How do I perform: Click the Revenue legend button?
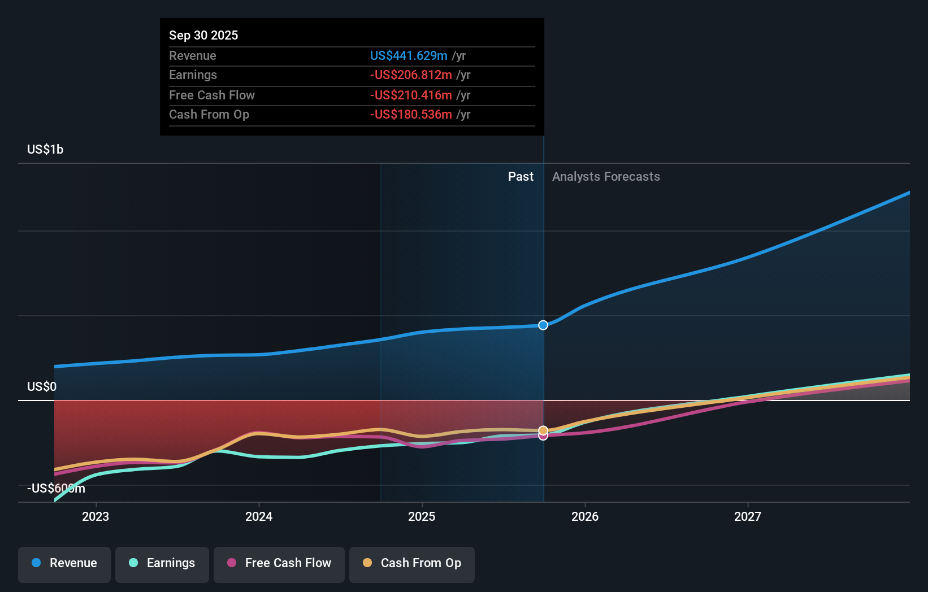[x=64, y=563]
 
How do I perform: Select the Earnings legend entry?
[x=162, y=563]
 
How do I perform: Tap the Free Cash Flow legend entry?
[x=279, y=563]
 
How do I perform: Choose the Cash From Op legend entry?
[x=412, y=563]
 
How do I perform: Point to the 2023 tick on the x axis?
[x=96, y=516]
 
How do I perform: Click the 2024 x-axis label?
[x=259, y=516]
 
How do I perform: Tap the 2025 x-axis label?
[x=422, y=516]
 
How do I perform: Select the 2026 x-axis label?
[x=585, y=516]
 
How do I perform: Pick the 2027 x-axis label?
[x=748, y=516]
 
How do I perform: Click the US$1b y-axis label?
[x=45, y=149]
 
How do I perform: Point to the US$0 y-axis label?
[x=42, y=386]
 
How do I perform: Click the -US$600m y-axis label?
[x=56, y=488]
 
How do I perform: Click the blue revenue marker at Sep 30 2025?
[x=543, y=325]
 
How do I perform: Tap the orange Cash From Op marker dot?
[x=543, y=430]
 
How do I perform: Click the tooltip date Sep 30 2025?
[x=203, y=35]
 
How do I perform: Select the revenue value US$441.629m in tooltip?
[x=409, y=55]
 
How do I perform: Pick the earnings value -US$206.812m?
[x=411, y=75]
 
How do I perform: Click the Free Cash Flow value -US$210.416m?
[x=411, y=95]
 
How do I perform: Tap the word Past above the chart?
[x=521, y=176]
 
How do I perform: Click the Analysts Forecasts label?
[x=606, y=176]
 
